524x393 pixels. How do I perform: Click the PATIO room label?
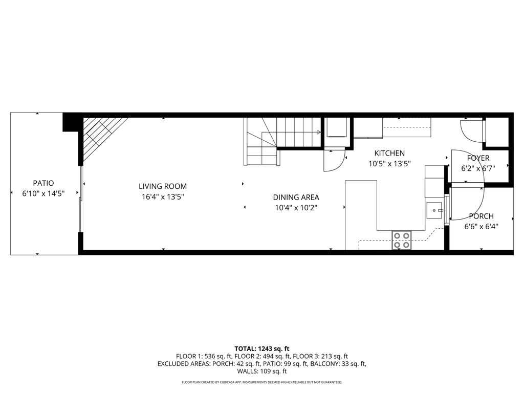(43, 183)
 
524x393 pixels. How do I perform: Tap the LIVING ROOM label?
(163, 186)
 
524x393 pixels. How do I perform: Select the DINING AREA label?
(296, 197)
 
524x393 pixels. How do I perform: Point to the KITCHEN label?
(389, 153)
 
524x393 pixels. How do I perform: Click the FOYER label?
(478, 158)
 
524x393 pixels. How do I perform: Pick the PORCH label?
(481, 216)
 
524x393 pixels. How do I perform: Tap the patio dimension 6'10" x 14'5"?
(43, 193)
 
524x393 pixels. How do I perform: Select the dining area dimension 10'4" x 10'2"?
(296, 207)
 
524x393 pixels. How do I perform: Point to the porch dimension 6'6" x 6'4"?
(481, 226)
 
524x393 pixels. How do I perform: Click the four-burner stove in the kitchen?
(402, 240)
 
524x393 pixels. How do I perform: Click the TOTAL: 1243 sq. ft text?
(262, 348)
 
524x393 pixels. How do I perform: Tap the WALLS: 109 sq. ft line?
(262, 372)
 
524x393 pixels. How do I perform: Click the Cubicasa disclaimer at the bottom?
(262, 382)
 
